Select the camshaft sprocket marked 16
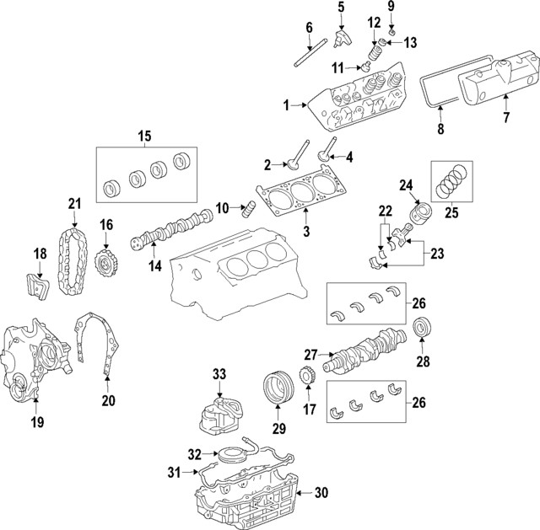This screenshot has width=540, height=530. (105, 260)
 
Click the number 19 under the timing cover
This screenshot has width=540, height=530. (37, 419)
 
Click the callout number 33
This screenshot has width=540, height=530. (219, 373)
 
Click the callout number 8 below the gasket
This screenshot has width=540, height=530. (438, 129)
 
